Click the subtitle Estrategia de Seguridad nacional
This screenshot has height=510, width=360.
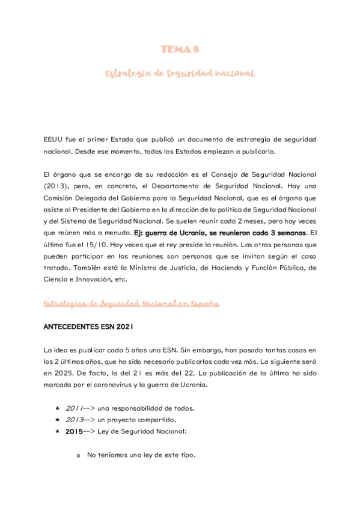(x=180, y=73)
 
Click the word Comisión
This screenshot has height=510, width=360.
(x=61, y=197)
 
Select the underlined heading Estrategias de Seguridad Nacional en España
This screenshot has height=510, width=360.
(x=132, y=304)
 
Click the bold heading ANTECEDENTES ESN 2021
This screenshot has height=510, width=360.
(x=88, y=327)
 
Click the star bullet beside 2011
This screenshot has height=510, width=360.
(x=58, y=408)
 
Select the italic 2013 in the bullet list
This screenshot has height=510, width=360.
(x=75, y=420)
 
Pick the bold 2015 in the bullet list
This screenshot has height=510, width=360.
(x=74, y=432)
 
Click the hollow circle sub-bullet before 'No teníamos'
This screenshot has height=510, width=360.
(x=78, y=456)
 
